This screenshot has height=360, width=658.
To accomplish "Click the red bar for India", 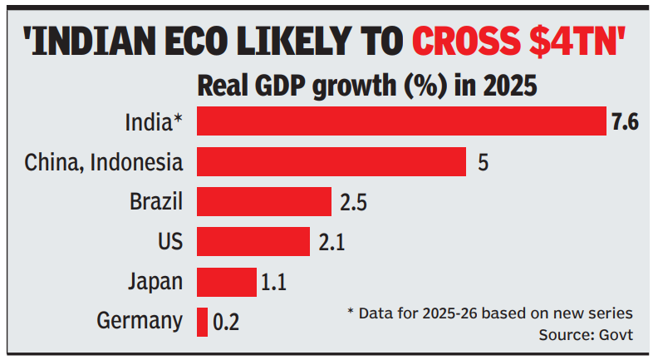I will coord(401,121).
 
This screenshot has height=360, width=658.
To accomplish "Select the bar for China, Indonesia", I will coord(331,161).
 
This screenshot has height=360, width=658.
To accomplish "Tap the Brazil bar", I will coord(264,201).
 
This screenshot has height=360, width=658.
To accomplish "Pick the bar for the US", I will coord(253,241).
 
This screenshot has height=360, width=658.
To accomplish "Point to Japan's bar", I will coord(227,281).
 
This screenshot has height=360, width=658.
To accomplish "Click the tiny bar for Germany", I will coord(202,321).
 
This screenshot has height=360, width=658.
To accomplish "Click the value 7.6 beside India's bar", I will coord(624,122).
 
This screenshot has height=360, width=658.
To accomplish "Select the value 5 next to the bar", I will coord(483,162).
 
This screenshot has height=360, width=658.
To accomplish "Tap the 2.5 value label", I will coord(353,202).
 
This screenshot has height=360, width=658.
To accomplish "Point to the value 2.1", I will coord(331,242).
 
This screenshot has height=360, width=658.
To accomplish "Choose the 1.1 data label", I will coord(274,282).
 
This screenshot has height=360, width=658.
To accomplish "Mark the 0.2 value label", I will coord(226,322).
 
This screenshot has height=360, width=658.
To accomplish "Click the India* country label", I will coord(154,122).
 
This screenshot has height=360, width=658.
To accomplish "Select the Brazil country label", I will coord(156,202).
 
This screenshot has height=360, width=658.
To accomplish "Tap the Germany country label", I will coord(140,322).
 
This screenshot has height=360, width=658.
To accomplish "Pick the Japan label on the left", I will coord(155,282).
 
